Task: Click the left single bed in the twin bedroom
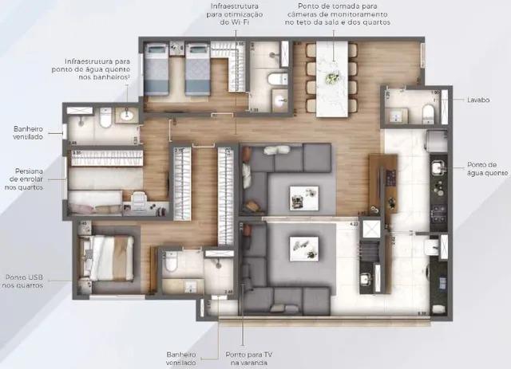coord(156,69)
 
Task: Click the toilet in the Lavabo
coord(429,111)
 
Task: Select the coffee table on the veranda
coord(303,246)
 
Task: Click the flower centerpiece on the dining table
coord(331,77)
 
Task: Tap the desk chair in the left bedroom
coord(137,198)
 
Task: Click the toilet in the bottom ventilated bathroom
coord(170,262)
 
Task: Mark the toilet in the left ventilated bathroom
coord(105,120)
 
